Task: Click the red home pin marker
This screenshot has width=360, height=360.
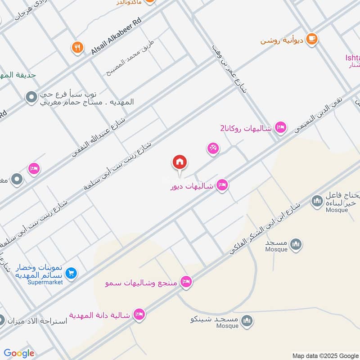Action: pos(180,162)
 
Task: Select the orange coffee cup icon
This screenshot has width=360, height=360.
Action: pos(311,40)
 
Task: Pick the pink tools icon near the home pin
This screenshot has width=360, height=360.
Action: pos(213,148)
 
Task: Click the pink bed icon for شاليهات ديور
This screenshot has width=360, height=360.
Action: pos(222,185)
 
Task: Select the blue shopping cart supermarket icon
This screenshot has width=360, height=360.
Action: pos(71,273)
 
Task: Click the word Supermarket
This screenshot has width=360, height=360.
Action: pos(45,282)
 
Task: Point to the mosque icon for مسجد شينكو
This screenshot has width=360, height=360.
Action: pos(247,320)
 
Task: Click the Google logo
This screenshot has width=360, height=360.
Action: pos(19,353)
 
